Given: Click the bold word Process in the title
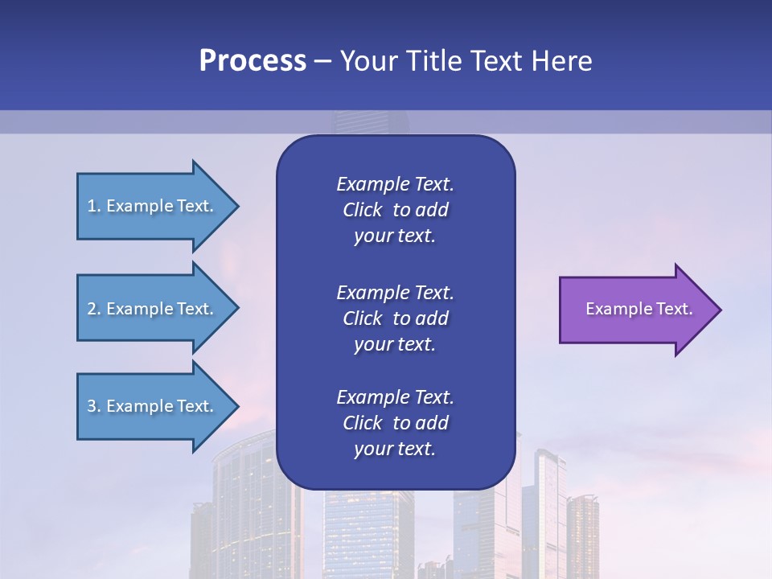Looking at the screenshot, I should (253, 61).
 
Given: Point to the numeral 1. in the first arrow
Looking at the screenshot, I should (94, 206).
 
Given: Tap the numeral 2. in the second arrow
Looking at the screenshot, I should (94, 309).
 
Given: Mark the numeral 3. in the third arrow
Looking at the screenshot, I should (94, 406).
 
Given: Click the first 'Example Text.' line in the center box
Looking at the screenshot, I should (395, 184).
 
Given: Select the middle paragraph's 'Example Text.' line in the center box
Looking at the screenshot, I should (395, 292).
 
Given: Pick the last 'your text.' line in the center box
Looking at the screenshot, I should (395, 449).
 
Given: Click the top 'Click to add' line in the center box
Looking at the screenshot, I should (395, 210).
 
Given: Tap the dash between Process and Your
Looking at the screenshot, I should (322, 62).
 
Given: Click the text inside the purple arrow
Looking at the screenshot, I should (639, 309).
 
